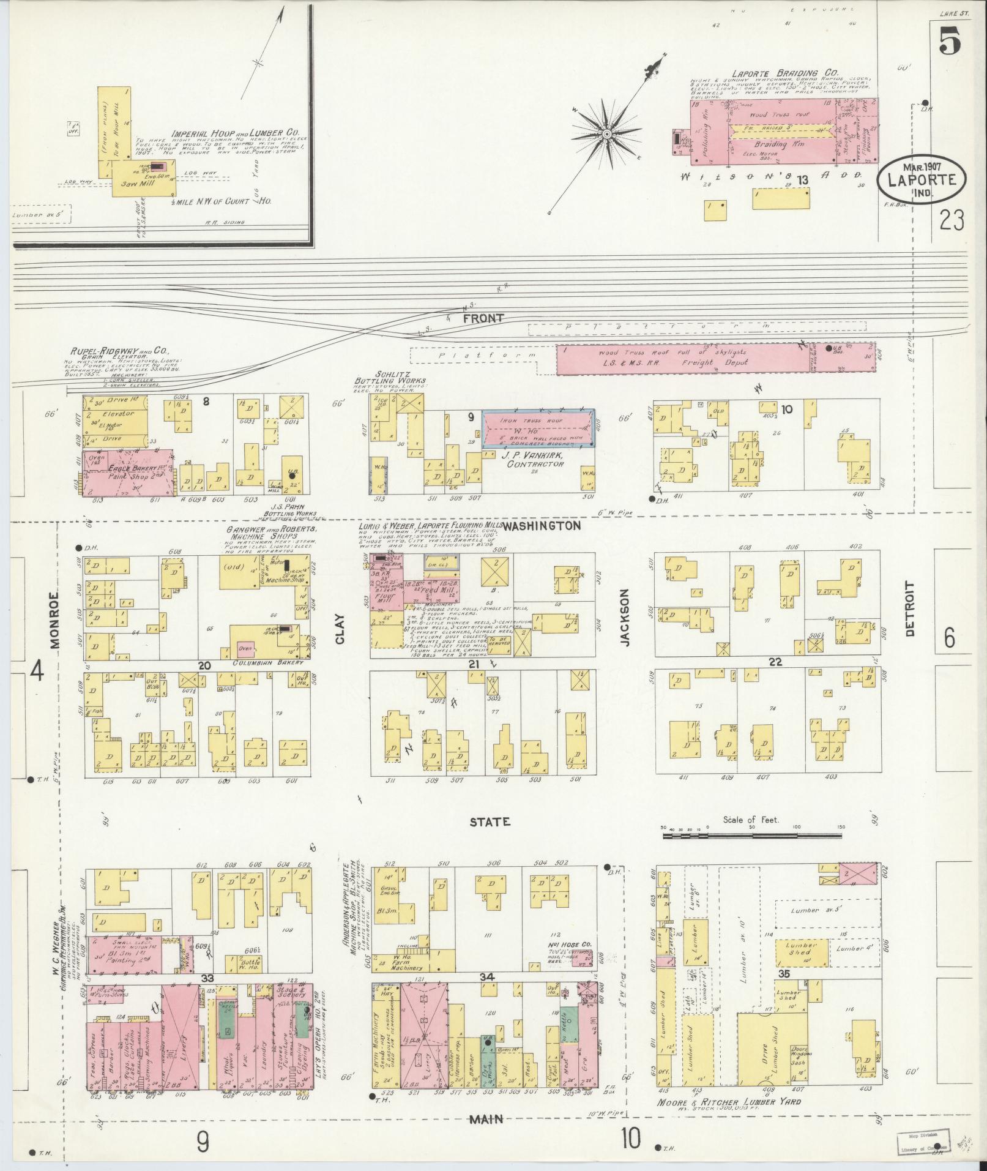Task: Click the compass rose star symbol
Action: tap(606, 133)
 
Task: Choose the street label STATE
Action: tap(490, 822)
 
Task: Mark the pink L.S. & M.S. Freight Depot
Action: tap(716, 358)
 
